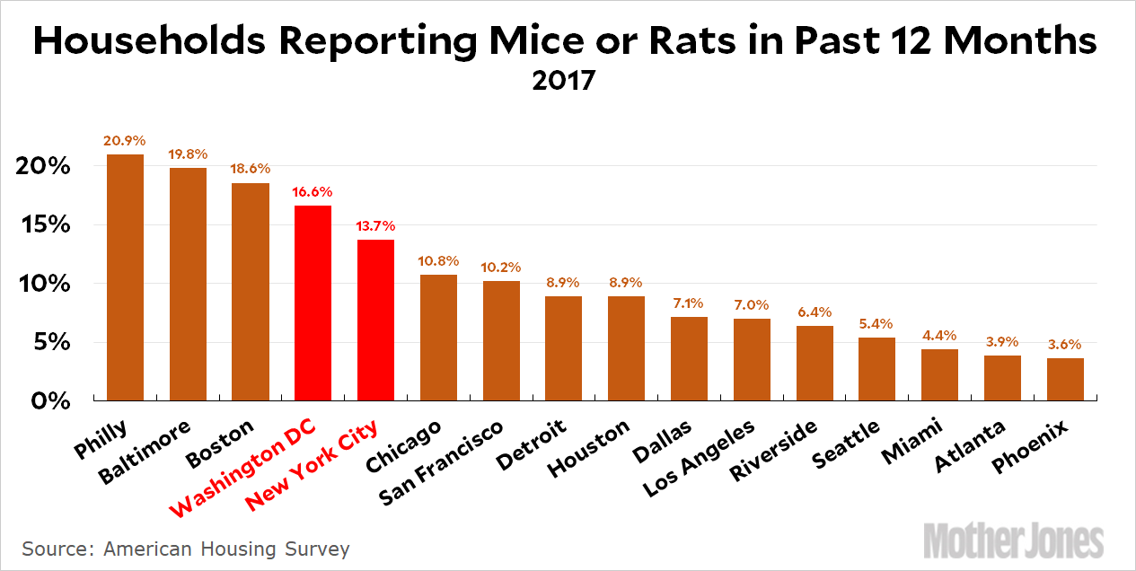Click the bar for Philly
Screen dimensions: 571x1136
click(x=125, y=277)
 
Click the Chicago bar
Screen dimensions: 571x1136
click(x=438, y=337)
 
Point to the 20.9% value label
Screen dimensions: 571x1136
click(x=125, y=141)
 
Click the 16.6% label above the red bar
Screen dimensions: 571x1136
click(x=313, y=191)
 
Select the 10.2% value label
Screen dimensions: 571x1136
click(x=501, y=267)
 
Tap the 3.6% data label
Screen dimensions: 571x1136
click(x=1065, y=344)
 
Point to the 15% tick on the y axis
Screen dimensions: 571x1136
click(x=42, y=225)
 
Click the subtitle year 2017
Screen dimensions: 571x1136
click(x=563, y=81)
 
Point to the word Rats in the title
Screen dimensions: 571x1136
click(x=718, y=41)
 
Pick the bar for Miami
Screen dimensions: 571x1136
click(x=939, y=374)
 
